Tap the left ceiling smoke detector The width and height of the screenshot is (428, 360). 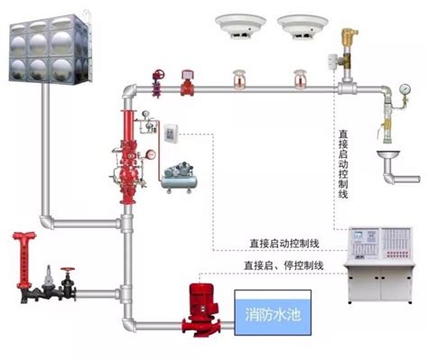238,23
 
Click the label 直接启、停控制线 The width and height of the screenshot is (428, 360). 283,265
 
